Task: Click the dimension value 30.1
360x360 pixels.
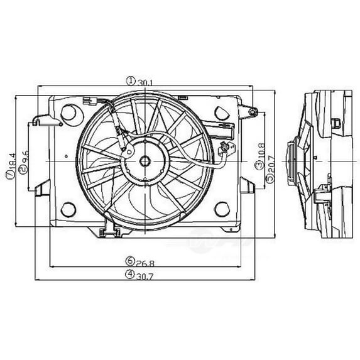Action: coord(145,83)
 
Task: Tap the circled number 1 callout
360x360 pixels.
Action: coord(131,81)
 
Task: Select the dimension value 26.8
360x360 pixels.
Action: coord(145,263)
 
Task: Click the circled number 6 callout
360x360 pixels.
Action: coord(129,261)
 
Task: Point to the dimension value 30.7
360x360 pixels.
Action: coord(145,276)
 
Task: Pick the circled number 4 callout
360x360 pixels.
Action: coord(129,274)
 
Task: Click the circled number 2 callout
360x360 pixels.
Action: coord(24,170)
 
